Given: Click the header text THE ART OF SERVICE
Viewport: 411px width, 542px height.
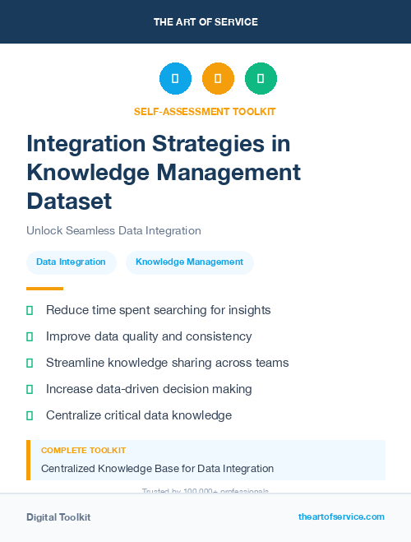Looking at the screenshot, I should (205, 22).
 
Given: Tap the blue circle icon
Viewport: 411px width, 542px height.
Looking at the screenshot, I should (175, 79).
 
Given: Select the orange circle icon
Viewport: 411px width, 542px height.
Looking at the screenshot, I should (218, 79).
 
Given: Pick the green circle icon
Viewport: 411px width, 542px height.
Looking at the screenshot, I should (261, 79).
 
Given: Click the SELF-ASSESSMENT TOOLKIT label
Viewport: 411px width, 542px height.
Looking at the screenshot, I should (205, 111).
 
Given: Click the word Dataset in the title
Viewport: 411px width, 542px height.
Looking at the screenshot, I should (69, 201).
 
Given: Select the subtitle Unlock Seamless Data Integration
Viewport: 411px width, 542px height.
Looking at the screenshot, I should (113, 231).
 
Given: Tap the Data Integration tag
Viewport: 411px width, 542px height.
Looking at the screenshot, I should (71, 262).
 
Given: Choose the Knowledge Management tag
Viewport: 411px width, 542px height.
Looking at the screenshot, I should (189, 262).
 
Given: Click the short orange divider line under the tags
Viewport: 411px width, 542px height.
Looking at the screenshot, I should (44, 289).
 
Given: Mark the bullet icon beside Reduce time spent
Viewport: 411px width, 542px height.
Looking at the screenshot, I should (30, 311).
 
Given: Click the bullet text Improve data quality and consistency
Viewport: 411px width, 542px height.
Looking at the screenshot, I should (149, 336).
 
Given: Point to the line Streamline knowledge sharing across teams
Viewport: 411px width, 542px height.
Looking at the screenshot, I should (167, 363).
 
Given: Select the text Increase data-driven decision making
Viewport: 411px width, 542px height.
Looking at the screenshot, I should (149, 389).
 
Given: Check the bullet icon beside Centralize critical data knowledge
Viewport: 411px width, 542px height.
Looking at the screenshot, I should (30, 415).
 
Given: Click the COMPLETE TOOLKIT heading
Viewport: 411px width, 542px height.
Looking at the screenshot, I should (83, 451).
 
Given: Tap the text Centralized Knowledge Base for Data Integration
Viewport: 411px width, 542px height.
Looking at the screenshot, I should (157, 469).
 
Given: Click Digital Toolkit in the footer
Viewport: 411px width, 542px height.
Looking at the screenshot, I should (58, 517).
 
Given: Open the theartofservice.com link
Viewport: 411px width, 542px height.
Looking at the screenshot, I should (341, 517).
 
